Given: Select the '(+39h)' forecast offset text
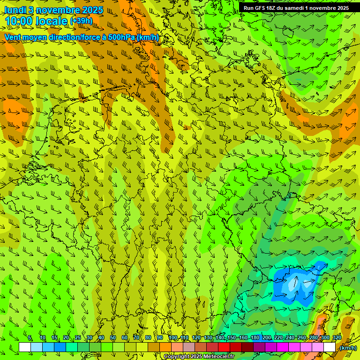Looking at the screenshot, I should (x=81, y=21).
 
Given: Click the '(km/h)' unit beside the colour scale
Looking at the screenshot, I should (x=348, y=348).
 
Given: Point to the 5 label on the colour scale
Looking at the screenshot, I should (x=30, y=338).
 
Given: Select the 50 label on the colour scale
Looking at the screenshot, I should (x=113, y=338).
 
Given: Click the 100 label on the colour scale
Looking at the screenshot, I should (x=173, y=338).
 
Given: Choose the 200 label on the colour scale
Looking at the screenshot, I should (x=267, y=338).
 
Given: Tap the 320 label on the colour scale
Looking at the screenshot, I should (x=337, y=338).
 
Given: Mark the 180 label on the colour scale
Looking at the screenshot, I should (x=255, y=338).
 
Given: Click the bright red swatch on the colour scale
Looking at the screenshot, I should (x=224, y=347).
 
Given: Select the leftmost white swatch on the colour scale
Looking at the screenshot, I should (x=25, y=347).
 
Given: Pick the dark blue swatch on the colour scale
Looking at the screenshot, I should (x=60, y=347).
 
